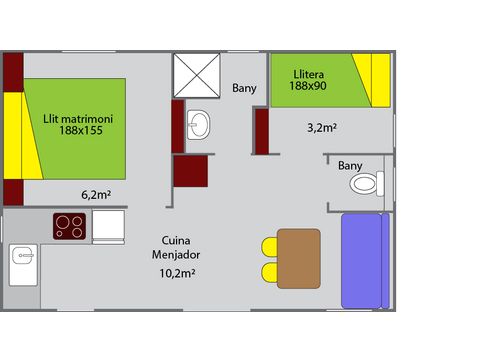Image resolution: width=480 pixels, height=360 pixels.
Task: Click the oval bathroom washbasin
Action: point(199,125)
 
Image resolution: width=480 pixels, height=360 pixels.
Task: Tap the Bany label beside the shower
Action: point(244,88)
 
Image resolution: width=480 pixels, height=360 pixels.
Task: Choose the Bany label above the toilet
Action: point(350,165)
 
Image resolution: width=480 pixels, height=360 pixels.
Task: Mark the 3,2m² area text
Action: point(319,127)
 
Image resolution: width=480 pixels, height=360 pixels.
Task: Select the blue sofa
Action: point(363,260)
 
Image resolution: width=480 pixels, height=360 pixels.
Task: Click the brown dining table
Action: point(299,256)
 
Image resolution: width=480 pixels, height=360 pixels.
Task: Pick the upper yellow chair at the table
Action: point(270,245)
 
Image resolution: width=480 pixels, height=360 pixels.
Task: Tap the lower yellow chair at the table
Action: point(270,271)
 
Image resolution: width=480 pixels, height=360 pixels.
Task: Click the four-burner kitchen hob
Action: point(69,226)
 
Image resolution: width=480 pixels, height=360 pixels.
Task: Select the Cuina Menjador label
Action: point(177,247)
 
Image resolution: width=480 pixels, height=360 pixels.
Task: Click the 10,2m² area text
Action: point(177,271)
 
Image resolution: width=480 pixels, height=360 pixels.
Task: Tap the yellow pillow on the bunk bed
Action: point(380,80)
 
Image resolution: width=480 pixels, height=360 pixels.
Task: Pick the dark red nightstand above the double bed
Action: point(13,69)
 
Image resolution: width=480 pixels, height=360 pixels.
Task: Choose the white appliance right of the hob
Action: point(108,226)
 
